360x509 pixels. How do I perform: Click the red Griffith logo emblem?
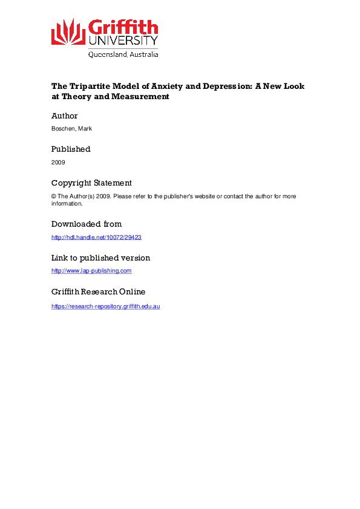pyautogui.click(x=68, y=31)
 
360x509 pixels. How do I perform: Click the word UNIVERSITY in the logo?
pyautogui.click(x=123, y=41)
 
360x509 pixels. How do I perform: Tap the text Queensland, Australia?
pyautogui.click(x=123, y=54)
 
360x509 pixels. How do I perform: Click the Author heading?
pyautogui.click(x=64, y=116)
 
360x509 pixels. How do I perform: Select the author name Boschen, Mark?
pyautogui.click(x=71, y=129)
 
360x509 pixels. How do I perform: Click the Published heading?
pyautogui.click(x=71, y=149)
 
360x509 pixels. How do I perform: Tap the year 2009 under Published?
pyautogui.click(x=58, y=163)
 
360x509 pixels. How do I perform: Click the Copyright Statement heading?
pyautogui.click(x=91, y=183)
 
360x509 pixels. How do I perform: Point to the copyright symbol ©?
pyautogui.click(x=54, y=196)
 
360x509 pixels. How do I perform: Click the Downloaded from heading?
pyautogui.click(x=87, y=224)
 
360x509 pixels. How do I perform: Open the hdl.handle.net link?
pyautogui.click(x=96, y=238)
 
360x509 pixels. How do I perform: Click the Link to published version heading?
pyautogui.click(x=100, y=258)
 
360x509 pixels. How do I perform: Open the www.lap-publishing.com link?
pyautogui.click(x=91, y=271)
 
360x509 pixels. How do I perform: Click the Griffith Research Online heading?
pyautogui.click(x=98, y=291)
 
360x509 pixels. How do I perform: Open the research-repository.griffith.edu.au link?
pyautogui.click(x=105, y=306)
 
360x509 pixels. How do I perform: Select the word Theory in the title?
pyautogui.click(x=74, y=97)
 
